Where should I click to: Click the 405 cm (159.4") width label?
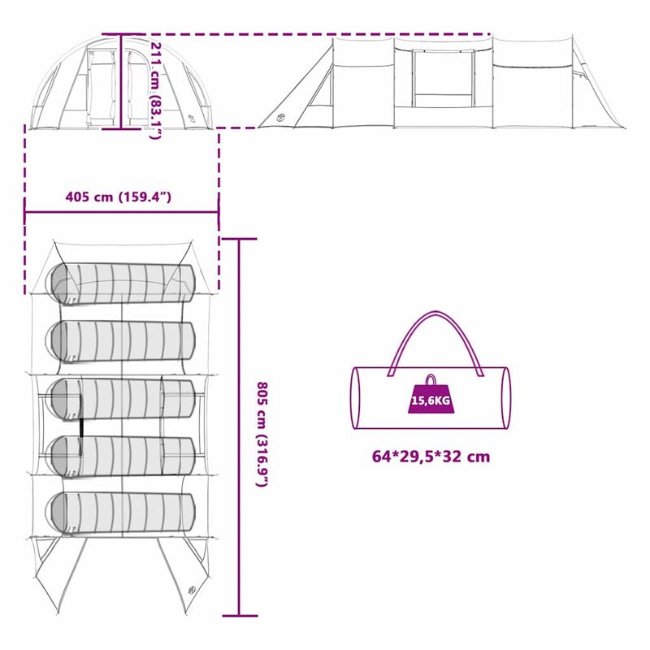pyautogui.click(x=119, y=197)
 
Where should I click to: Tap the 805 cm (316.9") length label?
pyautogui.click(x=262, y=434)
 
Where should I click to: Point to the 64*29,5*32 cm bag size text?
pyautogui.click(x=431, y=457)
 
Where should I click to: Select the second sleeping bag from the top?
pyautogui.click(x=122, y=340)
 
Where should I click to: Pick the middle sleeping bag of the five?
pyautogui.click(x=122, y=398)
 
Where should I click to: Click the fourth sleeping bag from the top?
pyautogui.click(x=122, y=455)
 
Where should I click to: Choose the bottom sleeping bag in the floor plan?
pyautogui.click(x=122, y=512)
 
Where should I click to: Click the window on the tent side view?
pyautogui.click(x=442, y=77)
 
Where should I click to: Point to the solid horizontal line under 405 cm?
pyautogui.click(x=122, y=214)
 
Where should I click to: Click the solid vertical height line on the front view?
pyautogui.click(x=122, y=81)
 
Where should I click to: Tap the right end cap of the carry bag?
pyautogui.click(x=504, y=397)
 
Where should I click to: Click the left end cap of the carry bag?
pyautogui.click(x=356, y=397)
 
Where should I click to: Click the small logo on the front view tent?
pyautogui.click(x=193, y=119)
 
